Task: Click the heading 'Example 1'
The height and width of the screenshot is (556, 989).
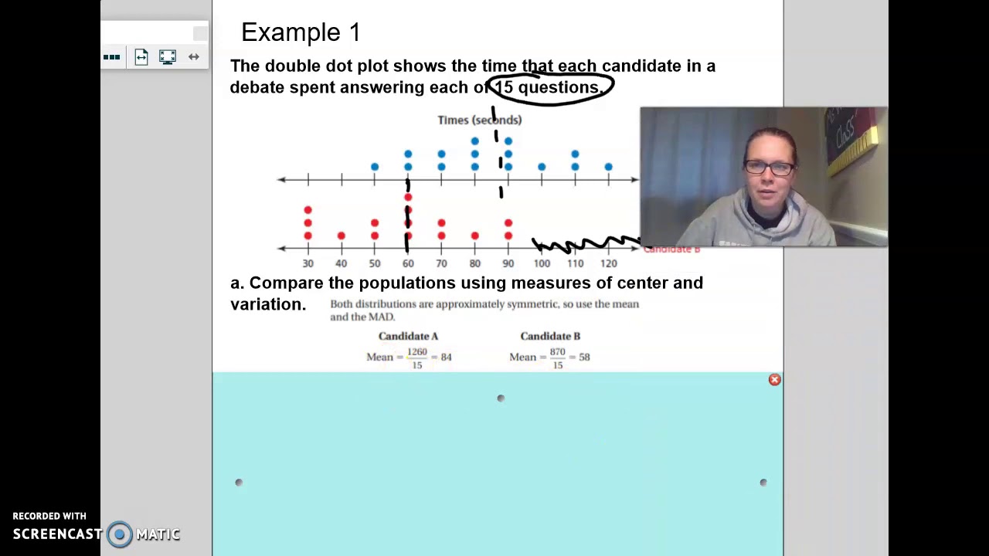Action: point(301,32)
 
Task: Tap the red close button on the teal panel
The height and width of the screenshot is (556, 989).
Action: point(774,379)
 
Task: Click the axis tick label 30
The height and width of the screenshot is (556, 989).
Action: point(308,263)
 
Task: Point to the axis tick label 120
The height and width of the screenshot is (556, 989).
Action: point(608,263)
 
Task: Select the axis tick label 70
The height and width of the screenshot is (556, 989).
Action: point(441,263)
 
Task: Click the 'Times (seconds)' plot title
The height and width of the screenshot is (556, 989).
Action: point(479,120)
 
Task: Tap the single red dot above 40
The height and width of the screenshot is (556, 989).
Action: point(342,236)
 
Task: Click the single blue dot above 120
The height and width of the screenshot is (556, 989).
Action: point(608,167)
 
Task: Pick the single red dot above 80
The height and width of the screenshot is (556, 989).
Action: point(474,236)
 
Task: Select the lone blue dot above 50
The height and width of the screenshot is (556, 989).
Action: point(375,167)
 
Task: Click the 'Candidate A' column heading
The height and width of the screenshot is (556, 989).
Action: point(408,336)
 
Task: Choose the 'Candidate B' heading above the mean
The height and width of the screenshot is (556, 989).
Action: point(550,336)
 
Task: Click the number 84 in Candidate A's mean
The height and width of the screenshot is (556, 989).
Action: point(446,357)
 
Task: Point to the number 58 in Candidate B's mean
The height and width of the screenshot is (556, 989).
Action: point(584,357)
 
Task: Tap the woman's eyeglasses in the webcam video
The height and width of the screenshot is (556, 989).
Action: point(770,168)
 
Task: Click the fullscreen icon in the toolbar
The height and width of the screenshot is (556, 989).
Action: point(168,56)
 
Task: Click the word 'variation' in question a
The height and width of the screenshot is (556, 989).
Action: point(267,304)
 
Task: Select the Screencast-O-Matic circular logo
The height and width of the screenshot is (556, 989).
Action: point(120,534)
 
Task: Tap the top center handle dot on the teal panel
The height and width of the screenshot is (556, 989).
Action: point(501,398)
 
